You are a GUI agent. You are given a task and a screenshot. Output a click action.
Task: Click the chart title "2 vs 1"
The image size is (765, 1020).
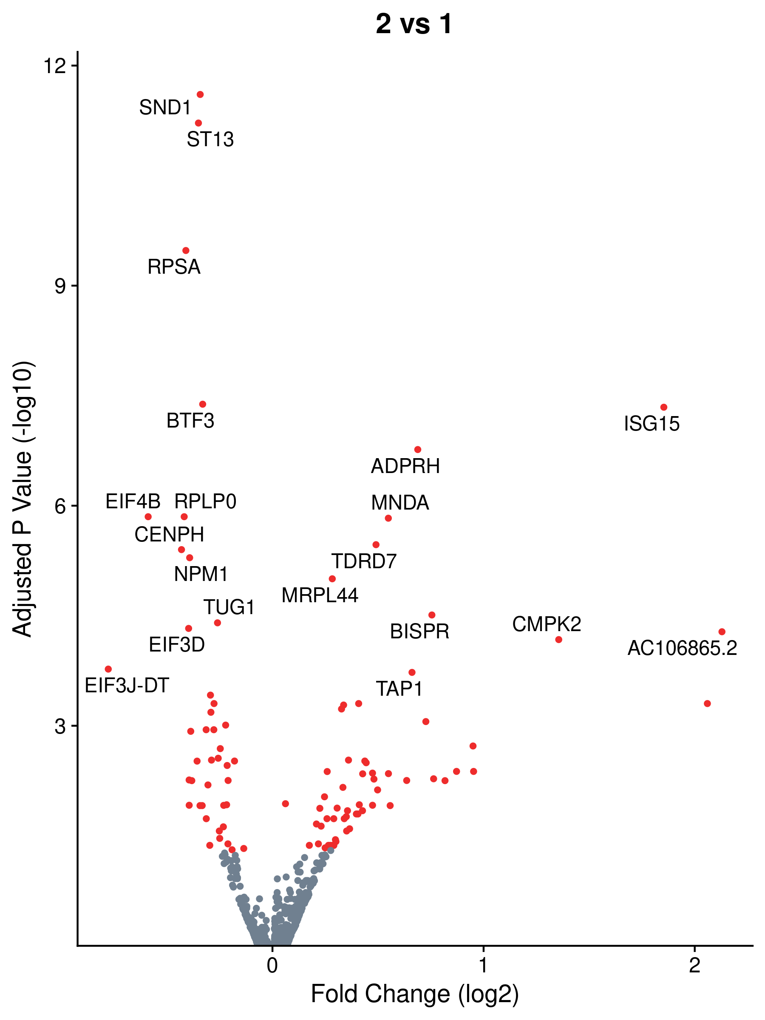click(x=414, y=24)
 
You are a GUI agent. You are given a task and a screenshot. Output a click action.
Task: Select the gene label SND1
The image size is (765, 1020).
click(x=165, y=108)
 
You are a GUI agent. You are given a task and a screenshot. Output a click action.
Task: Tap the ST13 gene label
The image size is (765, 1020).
click(x=210, y=139)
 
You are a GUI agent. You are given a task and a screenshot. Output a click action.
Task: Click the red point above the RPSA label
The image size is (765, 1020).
click(x=186, y=250)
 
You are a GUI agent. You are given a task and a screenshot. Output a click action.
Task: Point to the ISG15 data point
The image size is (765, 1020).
click(x=663, y=407)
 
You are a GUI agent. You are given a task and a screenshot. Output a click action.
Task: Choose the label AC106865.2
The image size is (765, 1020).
click(x=682, y=648)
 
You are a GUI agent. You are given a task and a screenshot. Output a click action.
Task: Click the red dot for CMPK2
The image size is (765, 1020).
click(x=558, y=640)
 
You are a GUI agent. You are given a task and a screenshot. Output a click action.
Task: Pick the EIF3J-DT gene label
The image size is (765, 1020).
click(x=127, y=685)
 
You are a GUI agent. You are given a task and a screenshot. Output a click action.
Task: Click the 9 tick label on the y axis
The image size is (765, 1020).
click(x=60, y=286)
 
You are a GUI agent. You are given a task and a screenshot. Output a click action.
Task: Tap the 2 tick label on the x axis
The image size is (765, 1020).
click(x=694, y=965)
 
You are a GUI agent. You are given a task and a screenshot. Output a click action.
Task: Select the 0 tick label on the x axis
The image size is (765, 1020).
click(x=272, y=965)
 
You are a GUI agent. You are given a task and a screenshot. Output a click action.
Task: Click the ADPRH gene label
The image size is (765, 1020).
click(x=405, y=466)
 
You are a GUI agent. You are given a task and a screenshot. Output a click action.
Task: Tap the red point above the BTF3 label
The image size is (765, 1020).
click(x=202, y=405)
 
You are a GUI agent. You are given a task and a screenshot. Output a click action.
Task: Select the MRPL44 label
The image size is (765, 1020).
click(x=320, y=595)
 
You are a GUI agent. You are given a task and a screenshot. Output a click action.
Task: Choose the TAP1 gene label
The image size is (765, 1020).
click(x=399, y=689)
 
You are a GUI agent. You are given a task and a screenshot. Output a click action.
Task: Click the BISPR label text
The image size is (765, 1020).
click(x=419, y=631)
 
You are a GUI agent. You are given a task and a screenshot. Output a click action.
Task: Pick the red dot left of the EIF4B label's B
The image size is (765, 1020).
click(x=148, y=517)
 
